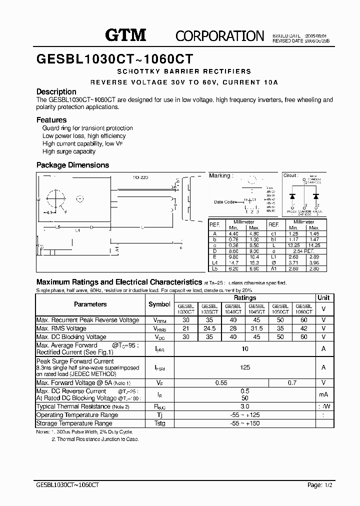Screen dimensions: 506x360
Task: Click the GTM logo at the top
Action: click(x=125, y=34)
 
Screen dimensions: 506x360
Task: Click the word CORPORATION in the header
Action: click(x=219, y=35)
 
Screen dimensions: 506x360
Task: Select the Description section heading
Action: click(x=56, y=91)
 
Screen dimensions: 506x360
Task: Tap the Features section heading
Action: click(x=51, y=120)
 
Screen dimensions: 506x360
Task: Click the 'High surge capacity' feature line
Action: click(x=69, y=151)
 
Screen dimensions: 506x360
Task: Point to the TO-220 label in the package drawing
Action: click(x=140, y=177)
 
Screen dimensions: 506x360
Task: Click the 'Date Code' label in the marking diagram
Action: click(x=224, y=202)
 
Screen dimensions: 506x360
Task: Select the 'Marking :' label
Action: click(x=220, y=175)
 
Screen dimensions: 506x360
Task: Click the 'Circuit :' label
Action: click(x=290, y=175)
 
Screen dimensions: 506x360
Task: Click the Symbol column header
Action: click(x=159, y=304)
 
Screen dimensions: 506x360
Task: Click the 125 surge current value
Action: click(x=245, y=367)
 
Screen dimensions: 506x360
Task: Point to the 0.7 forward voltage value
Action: click(x=292, y=382)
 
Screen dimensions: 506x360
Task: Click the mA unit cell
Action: click(x=323, y=394)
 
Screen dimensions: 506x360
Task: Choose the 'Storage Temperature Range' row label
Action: click(x=74, y=423)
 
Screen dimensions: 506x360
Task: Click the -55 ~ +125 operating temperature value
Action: click(x=245, y=415)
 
